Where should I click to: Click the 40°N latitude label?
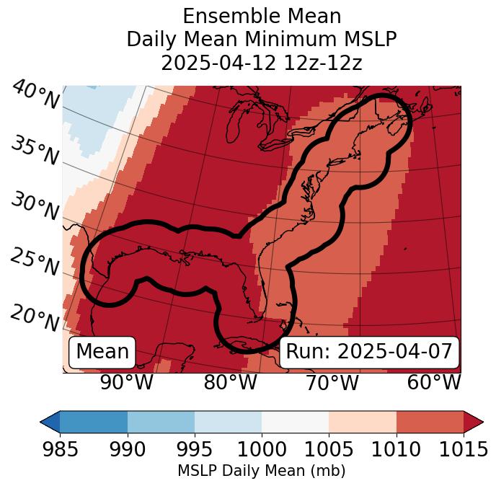35,96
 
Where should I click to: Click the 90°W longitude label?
126,382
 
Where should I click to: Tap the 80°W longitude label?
230,382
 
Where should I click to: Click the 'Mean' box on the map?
102,352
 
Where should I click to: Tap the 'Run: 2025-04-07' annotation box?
369,352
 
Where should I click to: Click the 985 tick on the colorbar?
60,449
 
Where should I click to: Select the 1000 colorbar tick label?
262,449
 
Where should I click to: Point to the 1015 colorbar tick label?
464,449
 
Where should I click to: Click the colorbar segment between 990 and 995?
161,421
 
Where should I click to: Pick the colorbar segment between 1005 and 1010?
363,421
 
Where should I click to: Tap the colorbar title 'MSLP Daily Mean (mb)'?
261,471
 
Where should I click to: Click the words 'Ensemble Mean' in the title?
262,17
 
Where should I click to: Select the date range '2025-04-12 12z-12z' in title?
262,63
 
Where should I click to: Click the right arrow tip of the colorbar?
481,421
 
